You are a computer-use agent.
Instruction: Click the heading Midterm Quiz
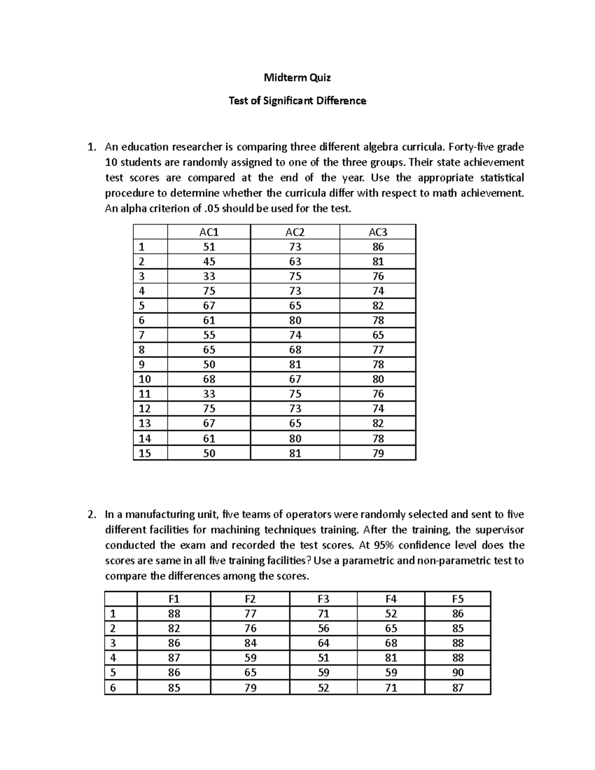[297, 77]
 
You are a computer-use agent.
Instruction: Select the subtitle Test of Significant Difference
[297, 101]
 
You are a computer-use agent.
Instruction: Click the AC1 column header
[209, 232]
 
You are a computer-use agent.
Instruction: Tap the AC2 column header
[295, 232]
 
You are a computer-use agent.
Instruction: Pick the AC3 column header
[378, 232]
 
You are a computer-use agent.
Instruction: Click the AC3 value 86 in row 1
[378, 247]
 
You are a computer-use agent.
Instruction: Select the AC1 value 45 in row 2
[209, 261]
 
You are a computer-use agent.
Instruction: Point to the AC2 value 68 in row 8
[295, 350]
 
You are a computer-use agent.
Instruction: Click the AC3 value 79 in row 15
[378, 453]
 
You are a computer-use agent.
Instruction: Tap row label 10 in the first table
[145, 379]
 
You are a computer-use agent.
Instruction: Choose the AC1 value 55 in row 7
[209, 335]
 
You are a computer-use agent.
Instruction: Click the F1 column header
[174, 599]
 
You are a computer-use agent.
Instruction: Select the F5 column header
[458, 599]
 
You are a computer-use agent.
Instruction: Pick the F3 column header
[323, 599]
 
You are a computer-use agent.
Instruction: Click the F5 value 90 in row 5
[458, 673]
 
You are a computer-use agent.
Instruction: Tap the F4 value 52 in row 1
[391, 614]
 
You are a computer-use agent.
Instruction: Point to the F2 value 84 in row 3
[250, 643]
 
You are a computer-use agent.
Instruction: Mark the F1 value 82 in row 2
[174, 628]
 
